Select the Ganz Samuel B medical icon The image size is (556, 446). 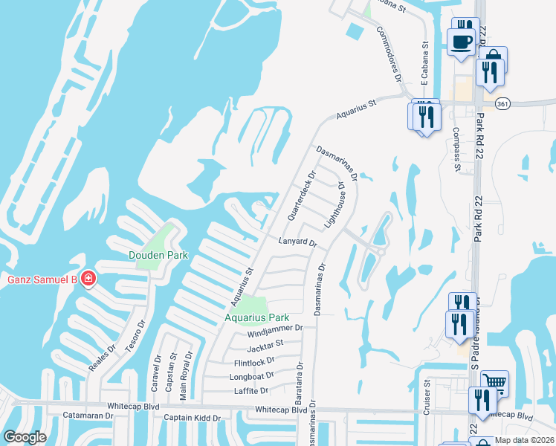tap(88, 279)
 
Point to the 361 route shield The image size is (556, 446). tap(484, 103)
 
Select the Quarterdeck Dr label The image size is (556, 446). tap(302, 195)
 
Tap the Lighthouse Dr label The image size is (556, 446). tap(335, 204)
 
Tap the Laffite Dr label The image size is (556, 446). tap(250, 390)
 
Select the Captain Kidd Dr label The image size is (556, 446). tap(193, 418)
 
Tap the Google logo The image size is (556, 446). tap(25, 436)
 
